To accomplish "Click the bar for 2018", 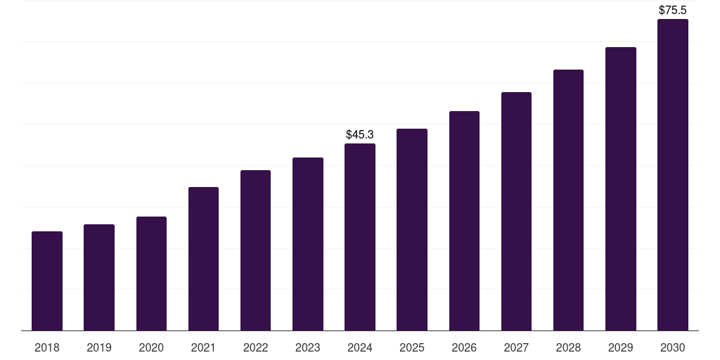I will tap(47, 281).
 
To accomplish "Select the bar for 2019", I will tap(99, 277).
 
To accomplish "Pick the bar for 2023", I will tap(308, 244).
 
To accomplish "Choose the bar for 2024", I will tap(360, 237).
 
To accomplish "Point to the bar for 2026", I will tap(464, 221).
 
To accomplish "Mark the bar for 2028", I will tap(568, 200).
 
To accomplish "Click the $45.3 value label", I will tap(360, 134).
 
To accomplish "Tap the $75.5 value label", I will tap(672, 11).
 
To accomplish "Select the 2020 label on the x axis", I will tap(151, 347).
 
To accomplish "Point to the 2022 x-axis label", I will tap(255, 347).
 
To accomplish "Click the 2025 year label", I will tap(412, 347).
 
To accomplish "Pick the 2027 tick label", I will tap(516, 347).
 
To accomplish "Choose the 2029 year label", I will tap(620, 347).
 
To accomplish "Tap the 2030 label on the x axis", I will tap(672, 347).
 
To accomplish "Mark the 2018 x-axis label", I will tap(47, 347).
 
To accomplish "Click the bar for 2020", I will tap(151, 274).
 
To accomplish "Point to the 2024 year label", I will tap(360, 347).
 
